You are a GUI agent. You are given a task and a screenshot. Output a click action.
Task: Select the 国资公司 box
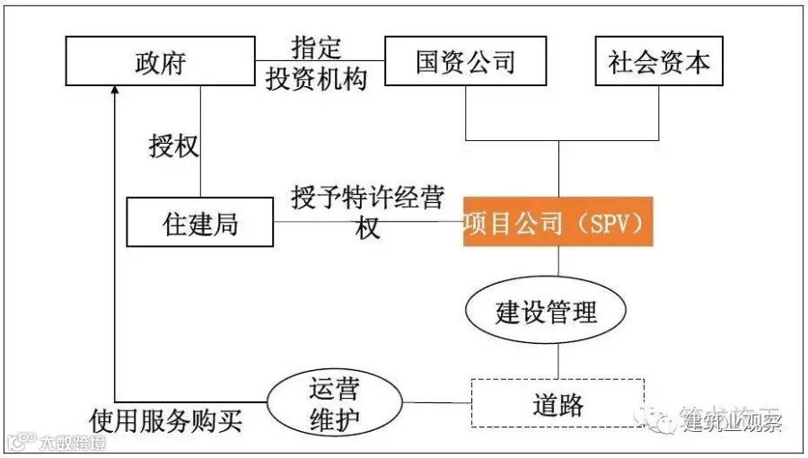click(465, 61)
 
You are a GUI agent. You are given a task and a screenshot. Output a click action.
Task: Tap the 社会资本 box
click(659, 61)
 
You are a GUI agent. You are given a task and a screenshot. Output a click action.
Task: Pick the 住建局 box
click(200, 222)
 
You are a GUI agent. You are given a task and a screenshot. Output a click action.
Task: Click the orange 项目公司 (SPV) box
click(558, 222)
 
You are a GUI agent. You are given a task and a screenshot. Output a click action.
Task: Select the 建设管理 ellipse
click(546, 313)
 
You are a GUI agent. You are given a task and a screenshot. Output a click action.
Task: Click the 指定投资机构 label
click(316, 63)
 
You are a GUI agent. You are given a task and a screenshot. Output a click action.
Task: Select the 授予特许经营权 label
click(367, 212)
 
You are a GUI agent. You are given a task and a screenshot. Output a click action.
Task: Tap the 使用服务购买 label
click(166, 420)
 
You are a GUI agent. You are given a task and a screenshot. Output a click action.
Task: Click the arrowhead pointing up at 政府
click(115, 91)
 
